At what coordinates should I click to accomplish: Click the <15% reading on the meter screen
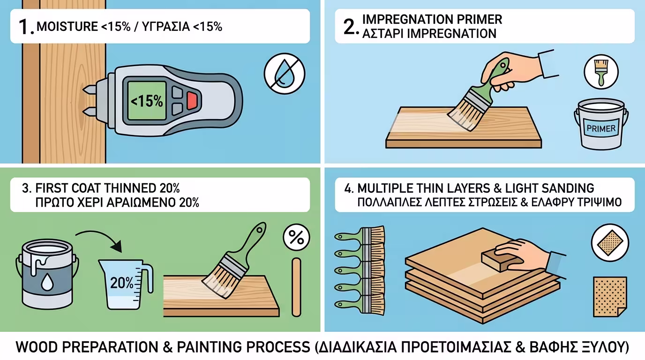pos(147,101)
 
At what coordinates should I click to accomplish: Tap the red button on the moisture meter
pos(192,100)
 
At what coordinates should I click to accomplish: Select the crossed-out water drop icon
pos(285,74)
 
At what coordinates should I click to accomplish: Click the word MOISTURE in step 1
pos(67,27)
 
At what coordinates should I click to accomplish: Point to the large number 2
pos(351,27)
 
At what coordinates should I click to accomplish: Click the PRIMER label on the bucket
pos(601,128)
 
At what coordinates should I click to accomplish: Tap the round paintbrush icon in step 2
pos(601,72)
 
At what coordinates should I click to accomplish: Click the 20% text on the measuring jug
pos(121,283)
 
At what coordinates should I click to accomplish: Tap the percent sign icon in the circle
pos(296,238)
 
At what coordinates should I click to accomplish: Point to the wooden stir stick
pos(296,287)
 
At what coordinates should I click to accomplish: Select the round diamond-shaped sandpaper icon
pos(610,243)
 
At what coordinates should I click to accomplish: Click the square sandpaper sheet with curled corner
pos(610,297)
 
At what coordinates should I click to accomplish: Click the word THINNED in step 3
pos(126,188)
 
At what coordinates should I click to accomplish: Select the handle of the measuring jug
pos(148,277)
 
